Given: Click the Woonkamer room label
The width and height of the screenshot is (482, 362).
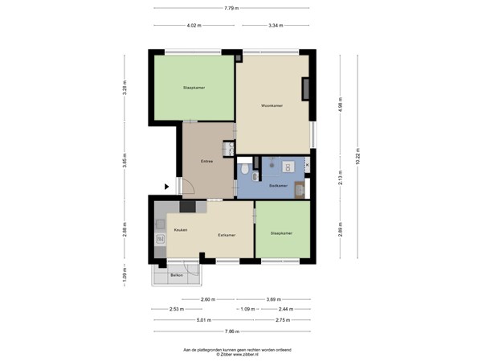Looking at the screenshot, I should click(x=272, y=105).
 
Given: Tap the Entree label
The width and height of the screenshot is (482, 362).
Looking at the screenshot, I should click(x=206, y=162).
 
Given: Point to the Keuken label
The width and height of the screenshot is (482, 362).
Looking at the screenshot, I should click(x=181, y=230).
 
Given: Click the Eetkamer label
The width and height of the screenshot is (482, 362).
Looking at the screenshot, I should click(x=227, y=235).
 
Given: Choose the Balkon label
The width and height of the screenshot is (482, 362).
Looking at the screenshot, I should click(x=177, y=276).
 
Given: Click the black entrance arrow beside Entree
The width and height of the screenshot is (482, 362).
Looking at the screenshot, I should click(x=167, y=187).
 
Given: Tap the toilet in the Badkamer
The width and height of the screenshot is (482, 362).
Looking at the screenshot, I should click(x=244, y=171).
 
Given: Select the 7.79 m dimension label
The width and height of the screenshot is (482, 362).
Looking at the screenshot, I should click(x=230, y=8).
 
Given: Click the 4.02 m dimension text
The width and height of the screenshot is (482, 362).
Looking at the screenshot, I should click(x=194, y=25).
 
